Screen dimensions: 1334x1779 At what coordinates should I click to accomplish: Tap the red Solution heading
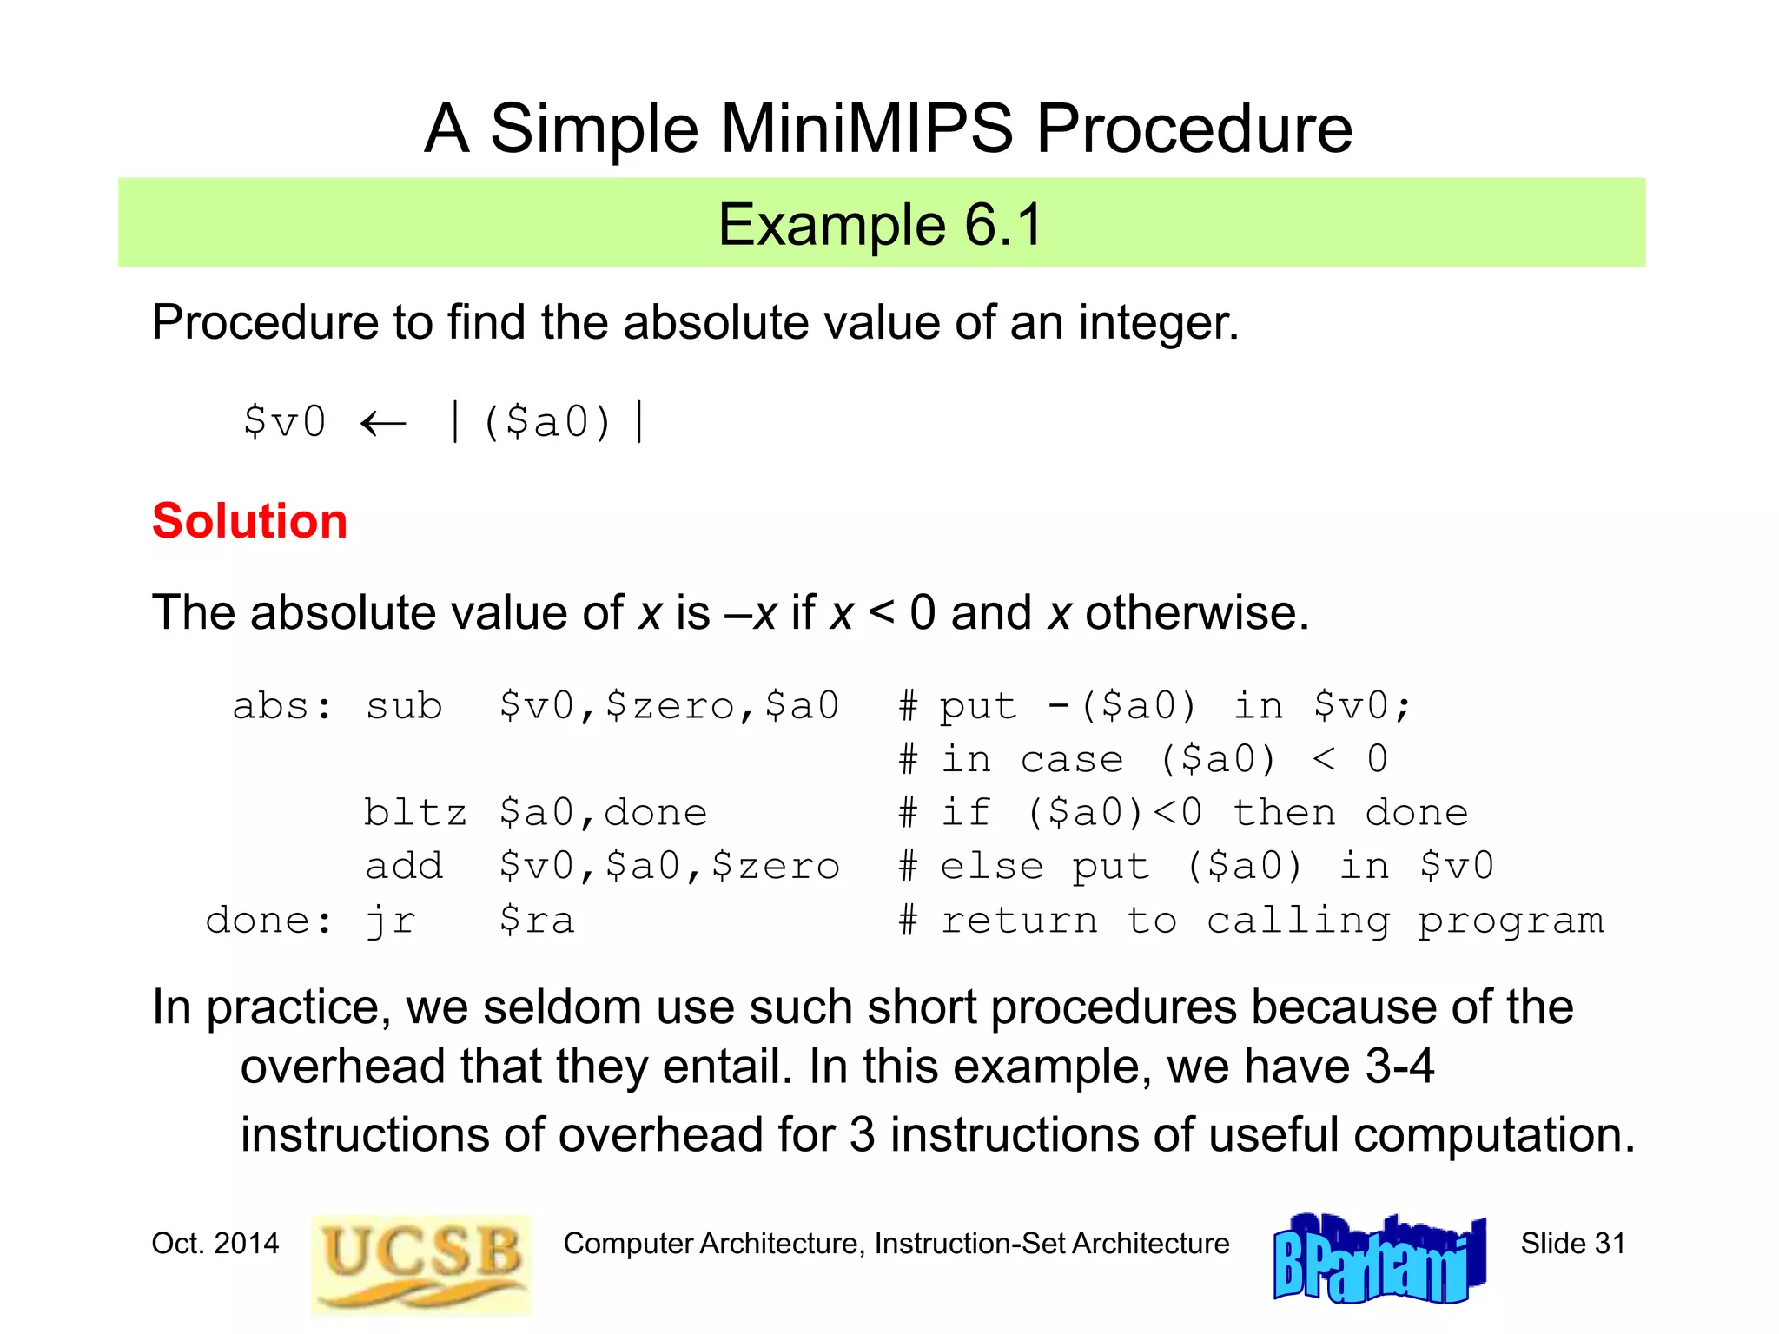(x=249, y=521)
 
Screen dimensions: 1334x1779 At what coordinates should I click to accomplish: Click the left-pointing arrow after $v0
(x=383, y=424)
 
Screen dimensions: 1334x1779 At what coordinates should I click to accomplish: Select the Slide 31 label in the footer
(x=1572, y=1244)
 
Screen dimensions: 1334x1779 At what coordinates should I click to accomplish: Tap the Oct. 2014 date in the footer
(x=215, y=1244)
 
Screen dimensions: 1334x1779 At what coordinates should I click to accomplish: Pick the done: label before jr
(x=268, y=921)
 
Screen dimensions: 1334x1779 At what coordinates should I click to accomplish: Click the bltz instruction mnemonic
(x=415, y=814)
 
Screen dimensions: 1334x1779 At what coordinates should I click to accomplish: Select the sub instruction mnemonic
(x=404, y=706)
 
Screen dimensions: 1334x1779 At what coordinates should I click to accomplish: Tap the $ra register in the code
(x=537, y=921)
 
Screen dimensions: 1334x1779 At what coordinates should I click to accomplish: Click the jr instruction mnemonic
(x=390, y=921)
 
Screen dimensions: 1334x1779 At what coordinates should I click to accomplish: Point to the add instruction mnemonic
(x=404, y=867)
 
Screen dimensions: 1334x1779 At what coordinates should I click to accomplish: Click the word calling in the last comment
(x=1298, y=921)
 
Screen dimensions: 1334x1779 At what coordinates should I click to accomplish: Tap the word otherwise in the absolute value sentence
(x=1196, y=613)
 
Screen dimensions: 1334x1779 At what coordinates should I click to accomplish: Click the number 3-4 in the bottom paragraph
(x=1399, y=1067)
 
